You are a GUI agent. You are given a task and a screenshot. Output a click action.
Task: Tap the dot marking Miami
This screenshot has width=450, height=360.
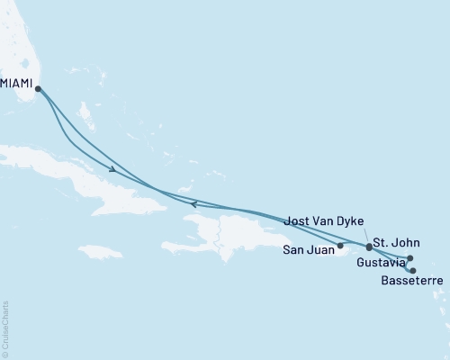point(38,87)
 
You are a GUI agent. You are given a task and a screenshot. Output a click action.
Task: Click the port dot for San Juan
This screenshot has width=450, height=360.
point(340,245)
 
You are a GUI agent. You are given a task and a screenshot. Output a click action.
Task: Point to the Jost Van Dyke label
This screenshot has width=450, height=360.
point(327,220)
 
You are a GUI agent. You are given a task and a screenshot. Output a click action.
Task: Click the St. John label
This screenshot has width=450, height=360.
point(396,243)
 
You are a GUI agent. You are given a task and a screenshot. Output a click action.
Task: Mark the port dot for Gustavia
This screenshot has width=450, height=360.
point(410,258)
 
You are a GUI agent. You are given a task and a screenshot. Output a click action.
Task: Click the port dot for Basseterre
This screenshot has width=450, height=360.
point(413,270)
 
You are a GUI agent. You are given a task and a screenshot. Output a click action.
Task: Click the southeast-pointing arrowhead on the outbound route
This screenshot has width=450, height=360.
point(112,169)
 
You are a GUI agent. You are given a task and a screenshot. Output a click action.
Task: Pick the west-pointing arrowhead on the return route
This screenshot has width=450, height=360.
point(193,204)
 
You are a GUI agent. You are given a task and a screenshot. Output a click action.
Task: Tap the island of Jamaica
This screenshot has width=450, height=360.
point(99,251)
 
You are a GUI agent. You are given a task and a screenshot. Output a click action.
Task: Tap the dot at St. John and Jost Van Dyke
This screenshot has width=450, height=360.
point(369,246)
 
